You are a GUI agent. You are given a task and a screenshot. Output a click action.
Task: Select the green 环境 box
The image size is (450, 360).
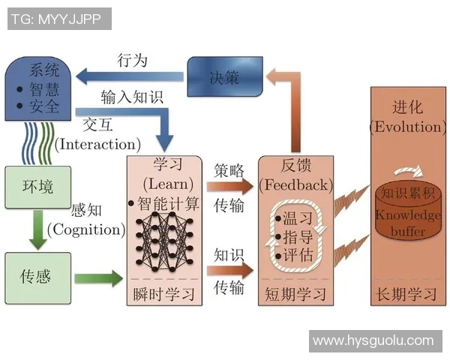[35, 185]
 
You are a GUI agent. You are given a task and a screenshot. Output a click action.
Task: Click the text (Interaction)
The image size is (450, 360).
[97, 143]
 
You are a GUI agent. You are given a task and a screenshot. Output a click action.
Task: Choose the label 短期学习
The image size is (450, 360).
[295, 293]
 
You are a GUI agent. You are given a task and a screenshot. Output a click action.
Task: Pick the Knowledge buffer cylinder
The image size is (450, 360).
[408, 214]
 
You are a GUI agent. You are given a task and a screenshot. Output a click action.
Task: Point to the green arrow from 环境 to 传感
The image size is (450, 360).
[36, 229]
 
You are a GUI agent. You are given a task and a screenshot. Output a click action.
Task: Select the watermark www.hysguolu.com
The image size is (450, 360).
[373, 341]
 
